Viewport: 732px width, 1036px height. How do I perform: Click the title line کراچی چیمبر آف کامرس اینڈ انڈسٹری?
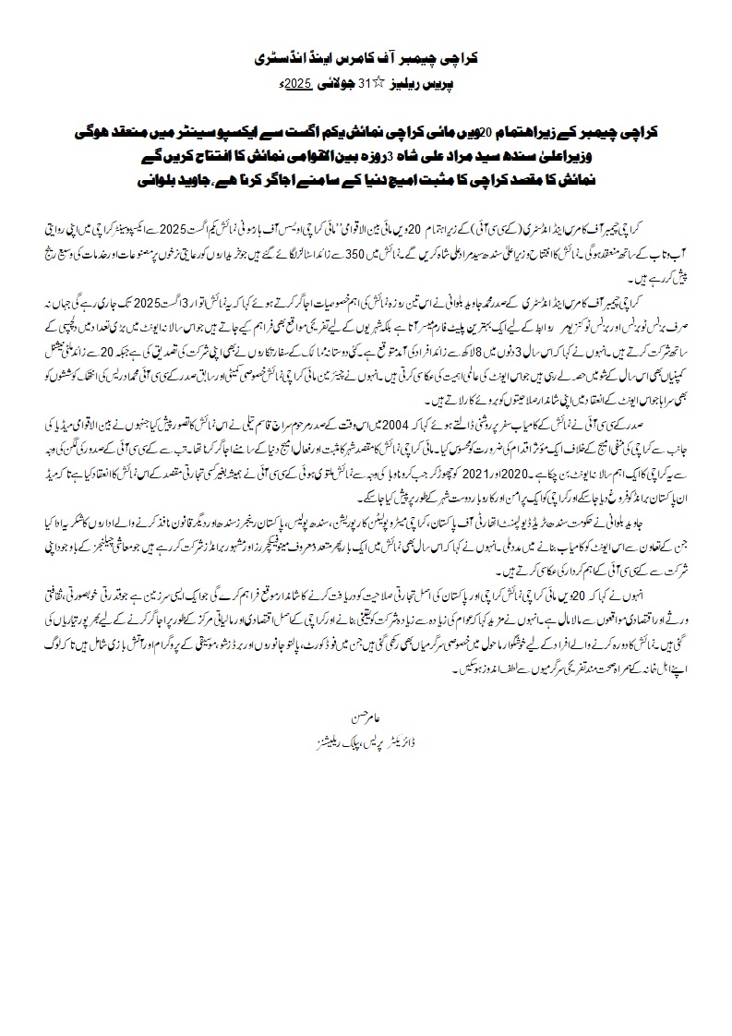[366, 57]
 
